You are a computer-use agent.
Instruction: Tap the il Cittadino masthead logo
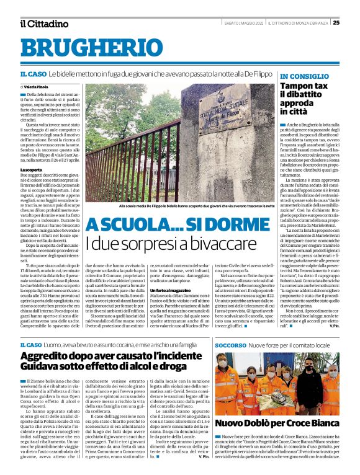pyautogui.click(x=43, y=24)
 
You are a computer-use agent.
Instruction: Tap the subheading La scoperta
pyautogui.click(x=30, y=169)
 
